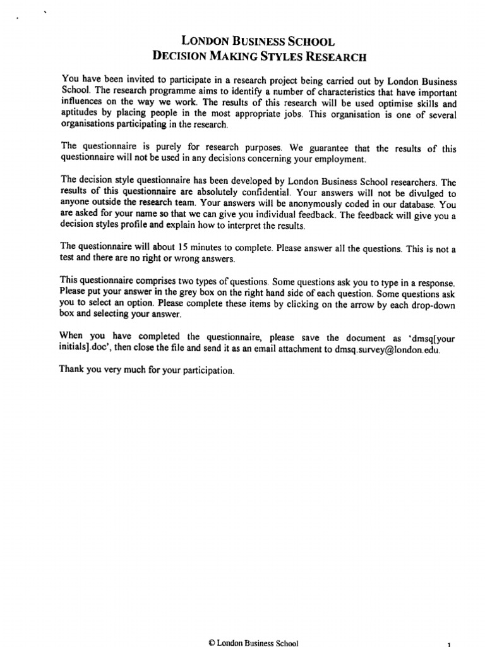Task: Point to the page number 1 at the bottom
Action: pyautogui.click(x=448, y=644)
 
